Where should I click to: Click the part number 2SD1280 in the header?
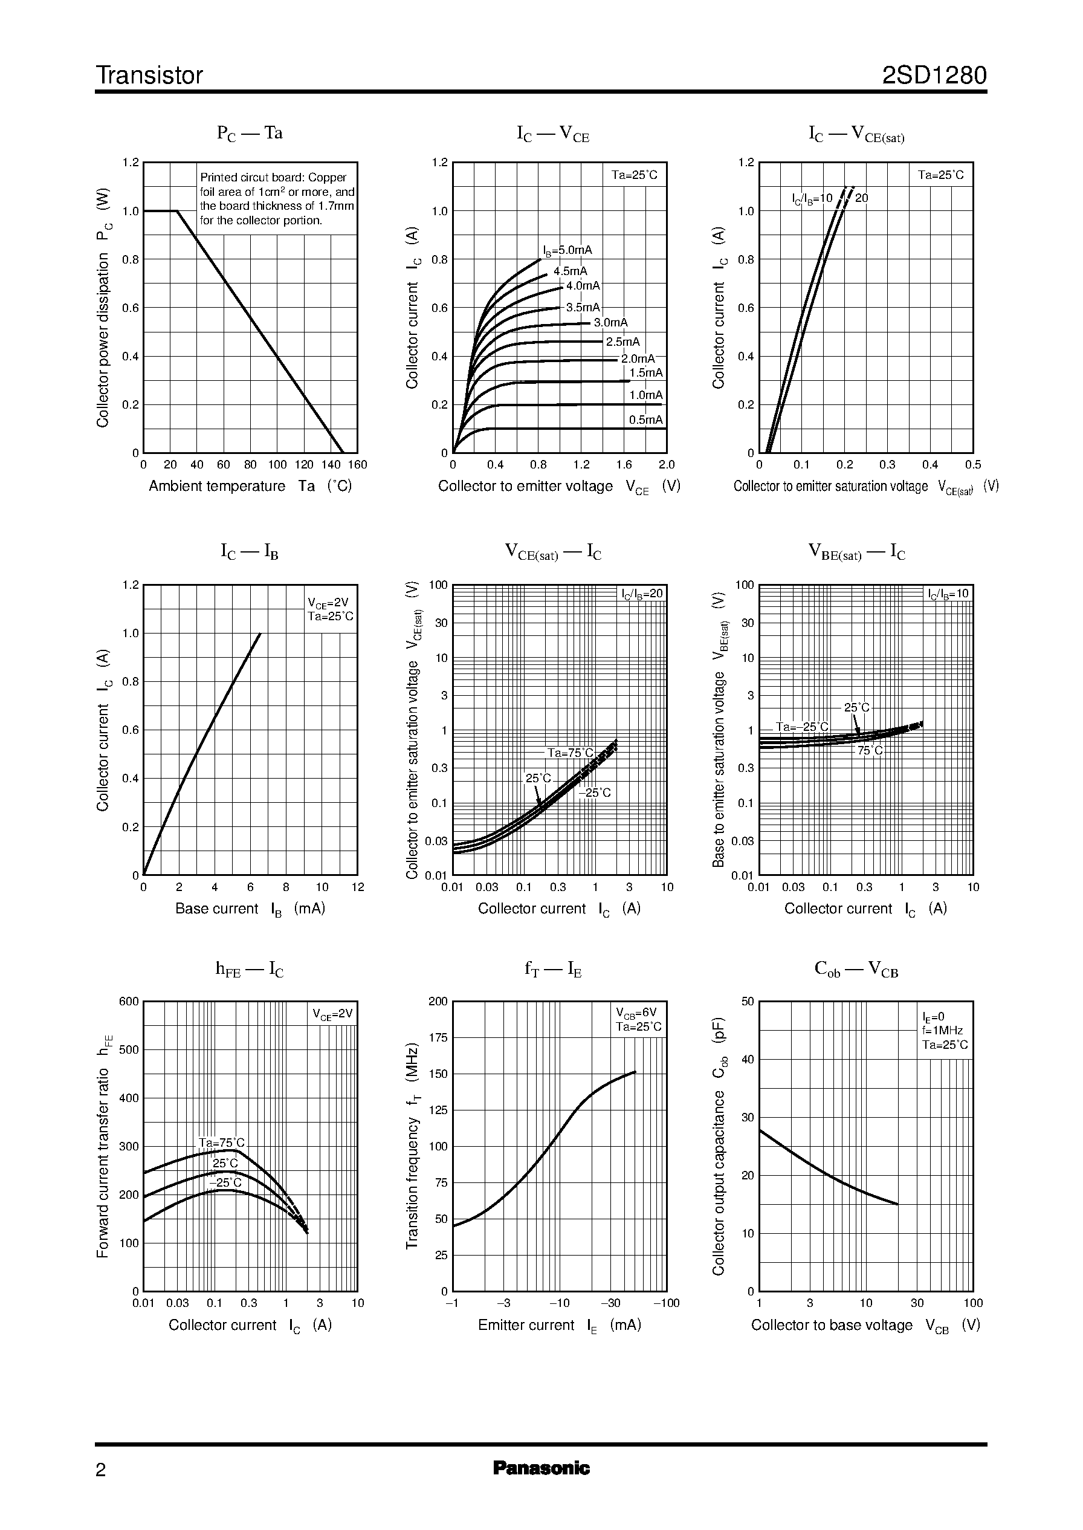pyautogui.click(x=934, y=76)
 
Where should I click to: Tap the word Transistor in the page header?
pyautogui.click(x=149, y=76)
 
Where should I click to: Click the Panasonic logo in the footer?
pyautogui.click(x=541, y=1468)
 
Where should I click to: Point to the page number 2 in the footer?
pyautogui.click(x=101, y=1470)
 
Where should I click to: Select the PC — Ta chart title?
pyautogui.click(x=250, y=134)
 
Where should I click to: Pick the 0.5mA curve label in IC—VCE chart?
pyautogui.click(x=645, y=420)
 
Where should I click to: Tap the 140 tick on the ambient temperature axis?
pyautogui.click(x=331, y=465)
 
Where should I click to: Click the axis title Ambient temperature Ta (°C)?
pyautogui.click(x=250, y=486)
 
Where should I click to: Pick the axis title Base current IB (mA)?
pyautogui.click(x=250, y=909)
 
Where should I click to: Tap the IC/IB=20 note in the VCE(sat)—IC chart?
pyautogui.click(x=642, y=594)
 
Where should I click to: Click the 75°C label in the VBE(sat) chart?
pyautogui.click(x=870, y=750)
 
